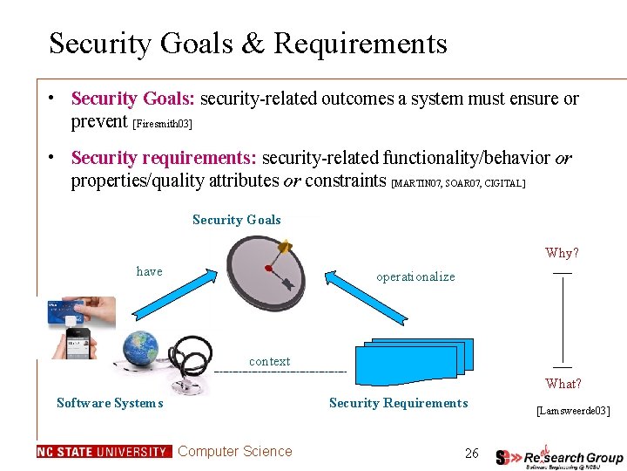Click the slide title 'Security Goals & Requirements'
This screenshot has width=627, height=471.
pos(248,43)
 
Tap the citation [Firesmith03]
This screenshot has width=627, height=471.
pos(162,124)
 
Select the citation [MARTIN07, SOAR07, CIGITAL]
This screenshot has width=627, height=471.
pos(459,183)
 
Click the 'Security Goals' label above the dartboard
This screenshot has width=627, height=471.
pos(237,220)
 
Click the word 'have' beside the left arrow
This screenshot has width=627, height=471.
pos(150,271)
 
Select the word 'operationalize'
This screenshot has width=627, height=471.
pos(415,276)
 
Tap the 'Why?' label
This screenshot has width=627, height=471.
pos(562,253)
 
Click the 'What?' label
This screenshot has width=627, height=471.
pos(563,384)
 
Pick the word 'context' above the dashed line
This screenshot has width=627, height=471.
pos(270,361)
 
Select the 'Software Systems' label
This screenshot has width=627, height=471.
pos(110,403)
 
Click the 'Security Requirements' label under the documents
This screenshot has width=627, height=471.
pos(398,403)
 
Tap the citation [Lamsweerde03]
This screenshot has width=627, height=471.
pos(573,410)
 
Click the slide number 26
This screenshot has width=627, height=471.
pos(471,453)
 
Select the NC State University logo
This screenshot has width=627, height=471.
pos(104,452)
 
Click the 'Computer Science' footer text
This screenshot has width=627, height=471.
pos(235,451)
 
